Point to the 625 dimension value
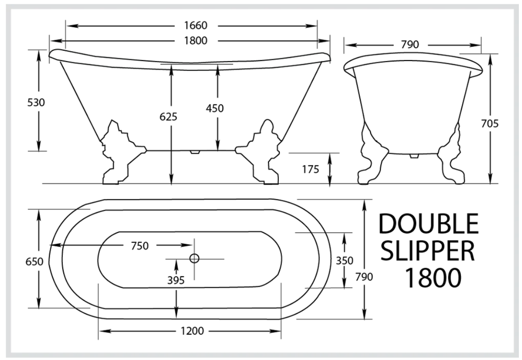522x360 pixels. [169, 117]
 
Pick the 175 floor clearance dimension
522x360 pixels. [310, 169]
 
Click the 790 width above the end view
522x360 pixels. [410, 45]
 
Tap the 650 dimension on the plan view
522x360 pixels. [34, 261]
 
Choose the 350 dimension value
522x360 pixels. [344, 260]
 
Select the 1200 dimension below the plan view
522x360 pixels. [189, 331]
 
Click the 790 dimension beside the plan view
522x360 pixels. [364, 277]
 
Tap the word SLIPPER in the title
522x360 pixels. [428, 252]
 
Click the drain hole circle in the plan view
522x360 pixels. [194, 258]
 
